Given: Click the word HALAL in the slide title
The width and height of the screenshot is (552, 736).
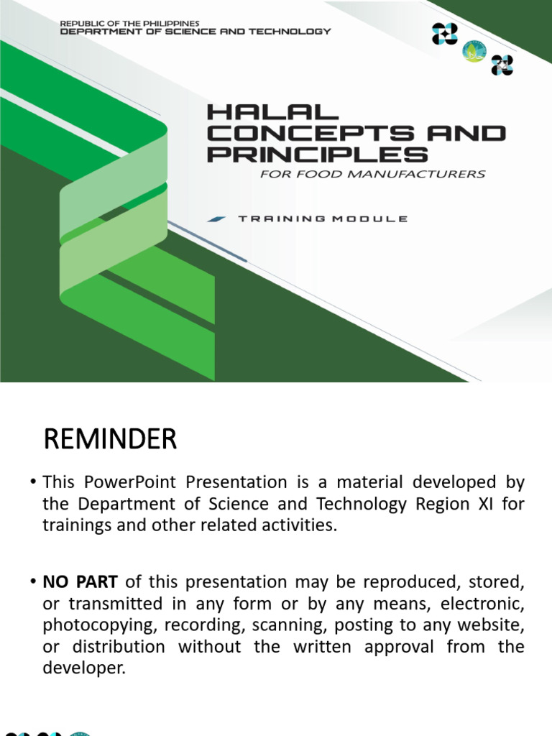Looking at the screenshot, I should point(262,113).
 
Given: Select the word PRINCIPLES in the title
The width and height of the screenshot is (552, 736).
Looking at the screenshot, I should point(318,154).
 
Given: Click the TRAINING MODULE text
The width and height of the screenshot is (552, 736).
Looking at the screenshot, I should point(322,218).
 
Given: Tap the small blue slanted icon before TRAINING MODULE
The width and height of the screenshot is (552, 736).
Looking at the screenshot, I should point(216,218).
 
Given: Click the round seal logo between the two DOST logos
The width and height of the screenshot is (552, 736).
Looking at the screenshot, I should point(474,51).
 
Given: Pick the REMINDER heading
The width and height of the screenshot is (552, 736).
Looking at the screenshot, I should point(110,439).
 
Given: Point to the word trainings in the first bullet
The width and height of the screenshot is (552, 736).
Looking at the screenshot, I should point(73,525).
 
